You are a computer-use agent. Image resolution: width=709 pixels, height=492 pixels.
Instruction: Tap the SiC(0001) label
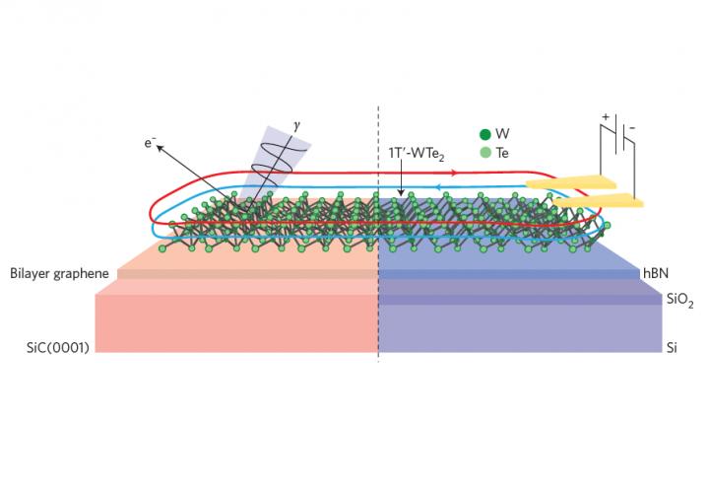point(58,347)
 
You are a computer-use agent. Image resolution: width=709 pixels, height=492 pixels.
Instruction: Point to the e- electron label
point(150,143)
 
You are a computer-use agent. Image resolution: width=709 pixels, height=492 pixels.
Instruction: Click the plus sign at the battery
point(606,117)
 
